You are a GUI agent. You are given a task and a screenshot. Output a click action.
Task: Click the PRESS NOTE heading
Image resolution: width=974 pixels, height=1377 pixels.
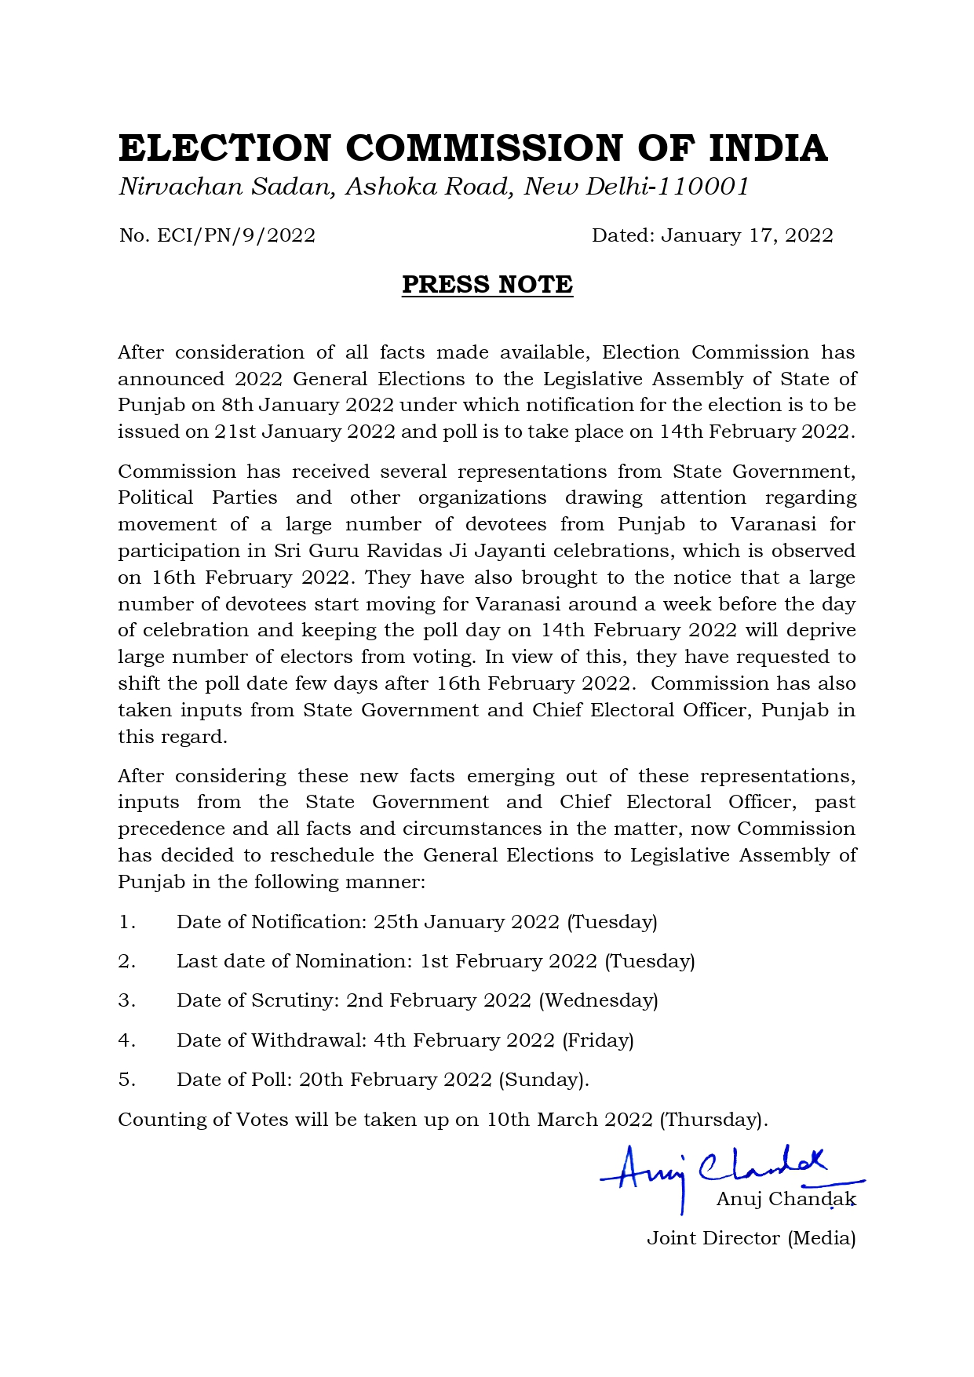pyautogui.click(x=487, y=284)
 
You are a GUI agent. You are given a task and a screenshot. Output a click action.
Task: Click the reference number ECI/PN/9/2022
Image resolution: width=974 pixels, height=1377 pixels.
pyautogui.click(x=236, y=235)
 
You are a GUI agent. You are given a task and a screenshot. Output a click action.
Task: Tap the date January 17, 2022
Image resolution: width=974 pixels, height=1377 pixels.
pyautogui.click(x=746, y=235)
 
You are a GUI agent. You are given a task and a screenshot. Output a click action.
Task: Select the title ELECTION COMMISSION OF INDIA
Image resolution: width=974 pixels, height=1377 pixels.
pyautogui.click(x=473, y=148)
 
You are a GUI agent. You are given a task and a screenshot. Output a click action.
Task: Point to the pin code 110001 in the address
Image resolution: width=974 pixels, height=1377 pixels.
pyautogui.click(x=703, y=187)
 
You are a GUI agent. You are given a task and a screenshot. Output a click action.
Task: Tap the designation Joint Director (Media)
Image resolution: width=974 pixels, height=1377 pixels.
pyautogui.click(x=750, y=1238)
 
